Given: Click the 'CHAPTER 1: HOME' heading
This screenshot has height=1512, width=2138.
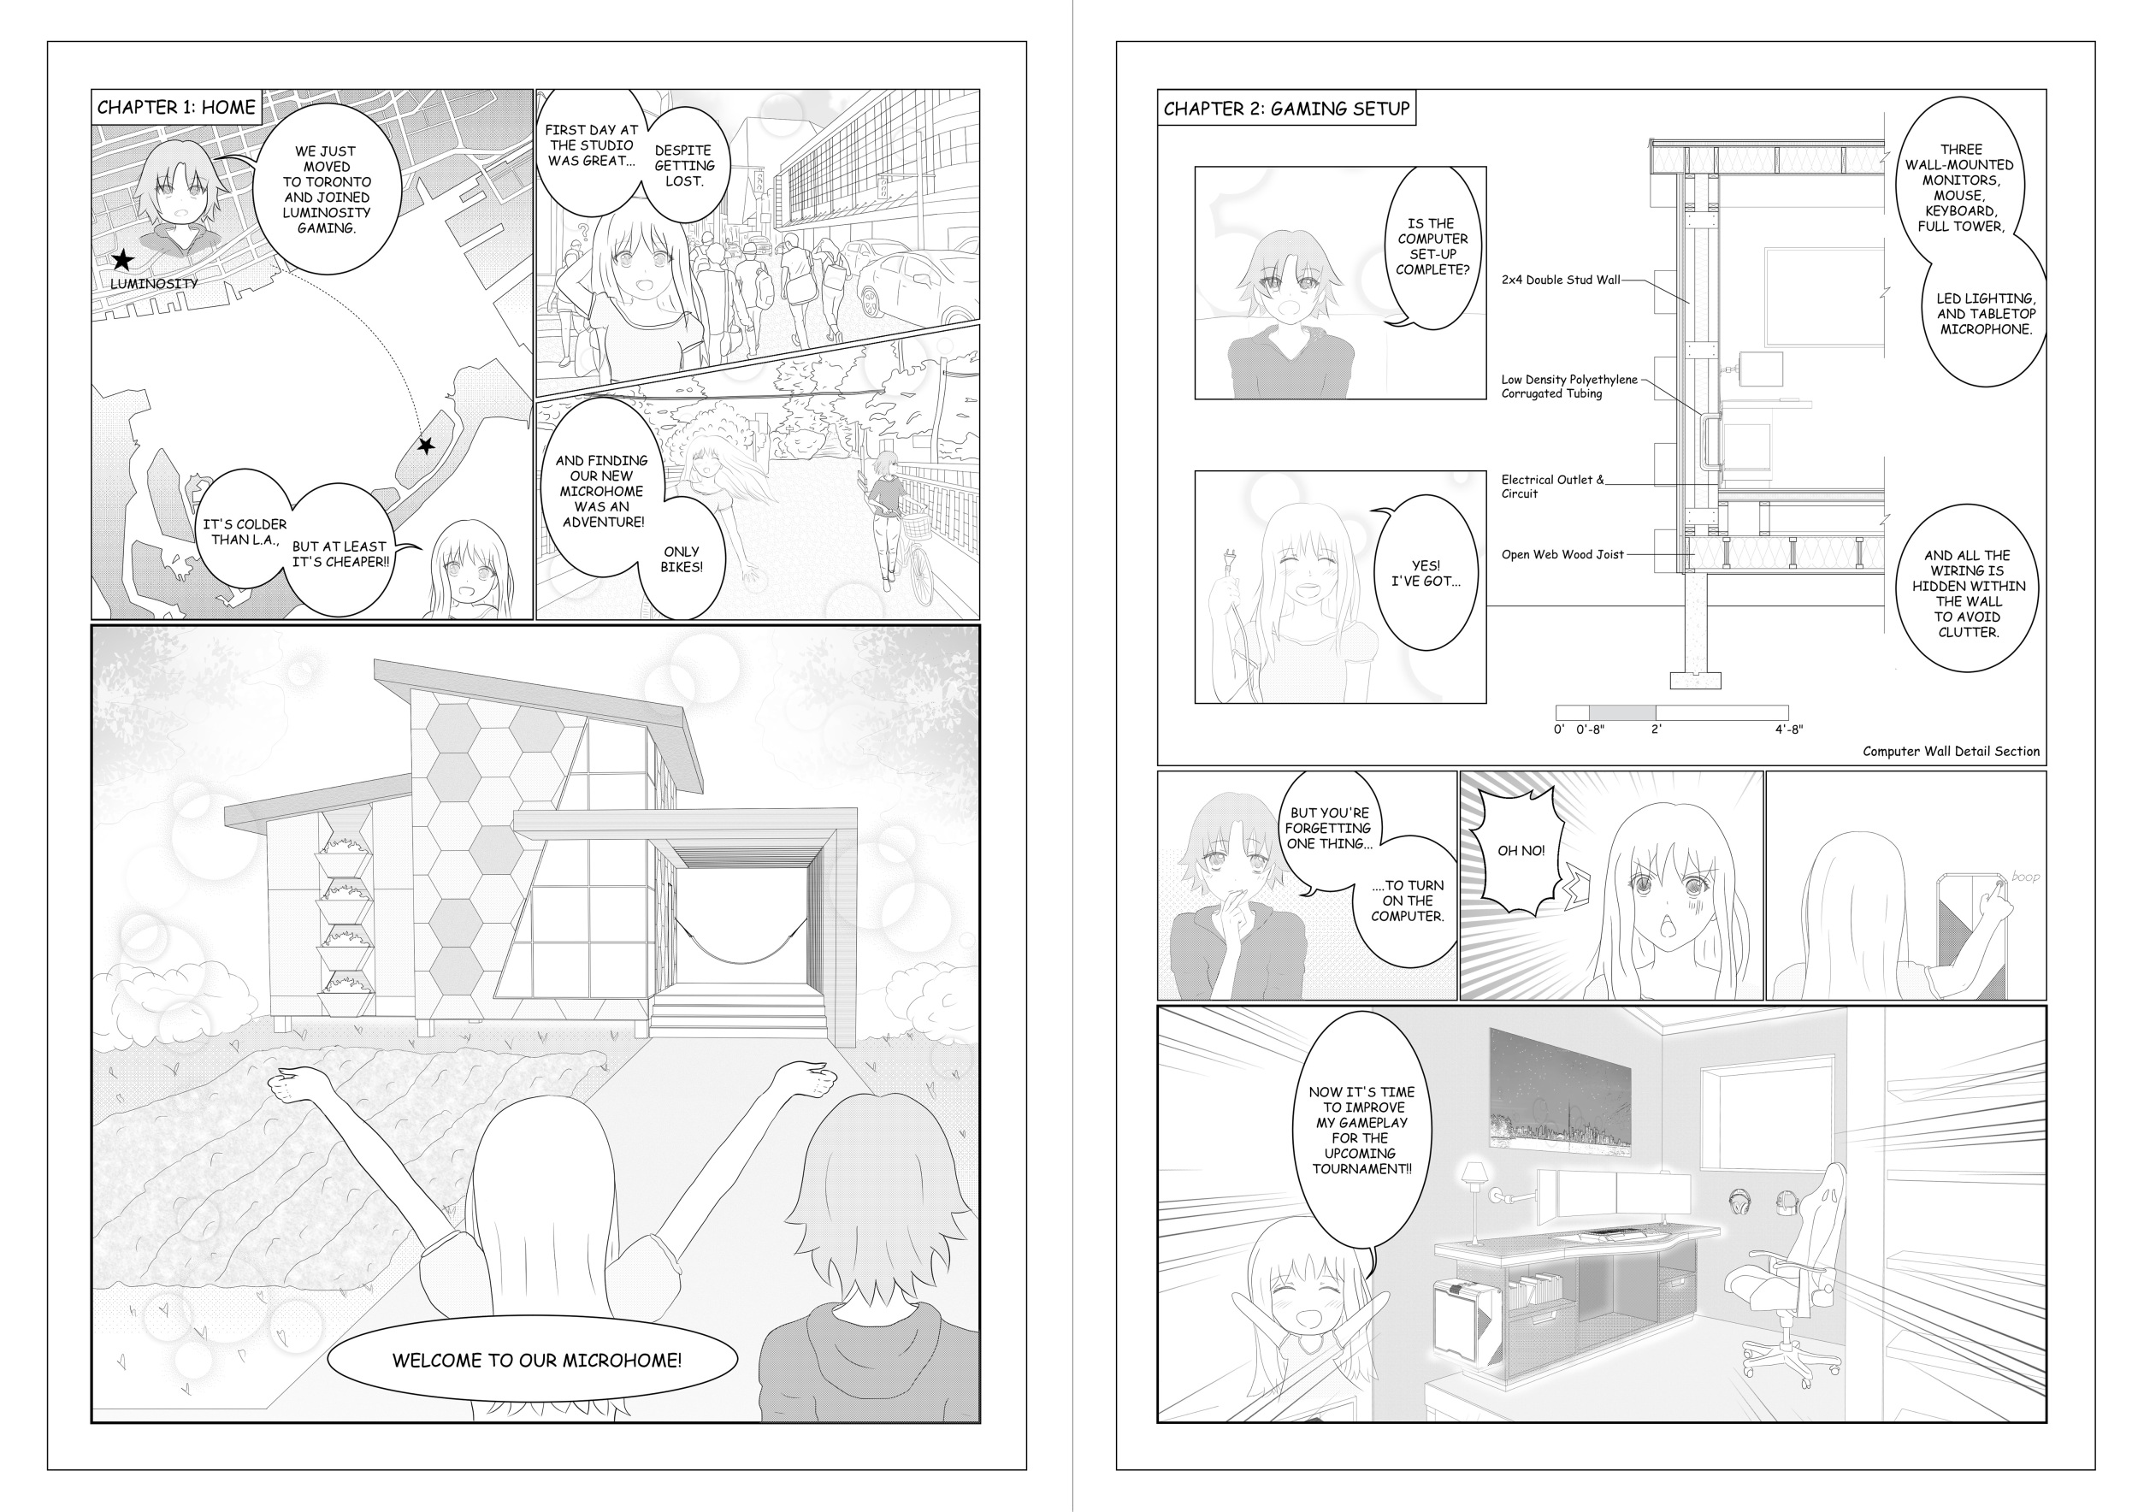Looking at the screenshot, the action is click(x=176, y=107).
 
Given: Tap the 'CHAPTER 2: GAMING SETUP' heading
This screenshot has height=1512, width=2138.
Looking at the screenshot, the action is click(x=1286, y=109).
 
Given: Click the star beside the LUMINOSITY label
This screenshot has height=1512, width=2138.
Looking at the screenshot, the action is click(x=122, y=261).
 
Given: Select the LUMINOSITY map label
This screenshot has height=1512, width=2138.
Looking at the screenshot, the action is click(x=154, y=284).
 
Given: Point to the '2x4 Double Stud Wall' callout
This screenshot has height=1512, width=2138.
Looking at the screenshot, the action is click(x=1561, y=280).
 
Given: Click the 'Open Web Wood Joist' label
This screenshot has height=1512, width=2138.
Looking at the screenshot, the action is click(x=1562, y=554).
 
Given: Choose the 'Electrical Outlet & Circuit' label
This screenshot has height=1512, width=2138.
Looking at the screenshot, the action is click(x=1552, y=486).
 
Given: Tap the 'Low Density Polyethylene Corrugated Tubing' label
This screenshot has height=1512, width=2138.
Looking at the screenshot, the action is click(x=1569, y=387).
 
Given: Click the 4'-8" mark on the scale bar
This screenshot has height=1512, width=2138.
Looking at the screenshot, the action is click(x=1789, y=729).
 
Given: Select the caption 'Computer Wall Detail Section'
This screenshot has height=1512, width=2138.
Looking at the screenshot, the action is click(x=1951, y=752).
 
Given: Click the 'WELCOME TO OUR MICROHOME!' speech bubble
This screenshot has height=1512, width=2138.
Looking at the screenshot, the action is click(x=533, y=1361).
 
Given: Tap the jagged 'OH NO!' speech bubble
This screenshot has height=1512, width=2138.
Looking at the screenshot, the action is click(x=1520, y=849).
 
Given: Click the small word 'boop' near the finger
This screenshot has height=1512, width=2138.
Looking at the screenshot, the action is click(x=2024, y=876).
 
